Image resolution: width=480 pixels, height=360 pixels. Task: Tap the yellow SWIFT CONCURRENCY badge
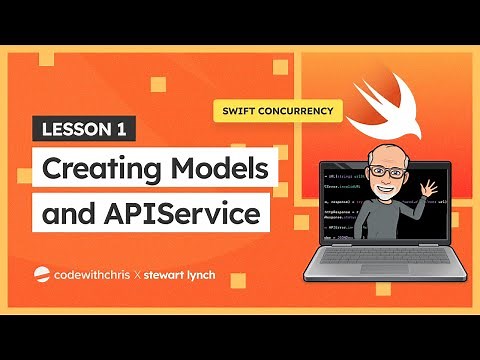(x=272, y=108)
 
